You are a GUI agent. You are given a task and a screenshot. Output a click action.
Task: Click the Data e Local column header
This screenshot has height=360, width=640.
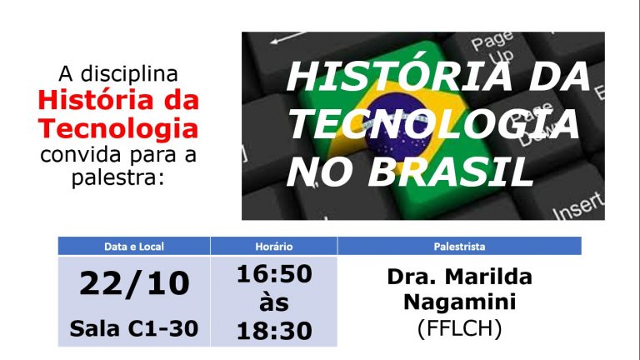(134, 247)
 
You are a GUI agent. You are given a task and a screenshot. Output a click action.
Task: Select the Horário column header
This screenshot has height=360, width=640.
(274, 247)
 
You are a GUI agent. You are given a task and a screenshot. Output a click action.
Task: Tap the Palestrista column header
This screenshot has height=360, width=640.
(459, 247)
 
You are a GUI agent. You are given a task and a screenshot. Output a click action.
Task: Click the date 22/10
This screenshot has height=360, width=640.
(134, 283)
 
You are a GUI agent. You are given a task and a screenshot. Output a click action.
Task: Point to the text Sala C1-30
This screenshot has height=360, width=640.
(134, 328)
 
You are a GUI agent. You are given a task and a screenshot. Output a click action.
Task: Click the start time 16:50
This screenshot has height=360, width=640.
(274, 274)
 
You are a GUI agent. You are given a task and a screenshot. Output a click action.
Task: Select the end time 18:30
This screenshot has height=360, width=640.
(274, 331)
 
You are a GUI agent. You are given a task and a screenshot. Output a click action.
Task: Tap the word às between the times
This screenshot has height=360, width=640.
(274, 302)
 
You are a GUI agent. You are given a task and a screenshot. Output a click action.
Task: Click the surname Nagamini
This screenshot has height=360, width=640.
(460, 302)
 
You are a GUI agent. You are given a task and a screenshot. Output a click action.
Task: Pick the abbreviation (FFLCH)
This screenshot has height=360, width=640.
(460, 327)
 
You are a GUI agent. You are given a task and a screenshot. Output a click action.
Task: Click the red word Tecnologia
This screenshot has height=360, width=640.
(118, 128)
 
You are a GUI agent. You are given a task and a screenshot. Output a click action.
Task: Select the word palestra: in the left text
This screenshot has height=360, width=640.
(118, 178)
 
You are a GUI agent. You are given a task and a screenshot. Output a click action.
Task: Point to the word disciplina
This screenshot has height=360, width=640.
(129, 74)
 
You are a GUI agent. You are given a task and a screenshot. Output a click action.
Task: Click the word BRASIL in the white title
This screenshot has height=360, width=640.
(451, 172)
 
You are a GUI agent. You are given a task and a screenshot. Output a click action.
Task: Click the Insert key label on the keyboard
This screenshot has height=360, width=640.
(577, 206)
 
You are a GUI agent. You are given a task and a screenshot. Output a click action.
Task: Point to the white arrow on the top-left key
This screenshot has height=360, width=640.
(288, 37)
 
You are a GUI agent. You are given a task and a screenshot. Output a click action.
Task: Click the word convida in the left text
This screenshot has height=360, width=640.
(81, 155)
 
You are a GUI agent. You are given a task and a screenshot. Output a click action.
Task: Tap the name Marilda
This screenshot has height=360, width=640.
(488, 277)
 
